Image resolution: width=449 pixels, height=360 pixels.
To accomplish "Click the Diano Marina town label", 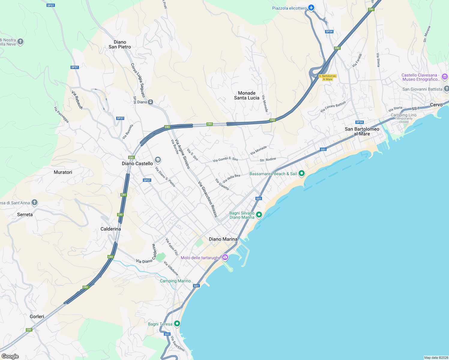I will pyautogui.click(x=223, y=239).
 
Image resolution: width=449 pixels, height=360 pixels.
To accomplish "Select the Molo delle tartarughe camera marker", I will pyautogui.click(x=225, y=257).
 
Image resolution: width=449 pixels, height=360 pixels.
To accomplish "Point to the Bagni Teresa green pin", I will pyautogui.click(x=177, y=323).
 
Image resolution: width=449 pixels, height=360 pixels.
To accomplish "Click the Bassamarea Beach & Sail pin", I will pyautogui.click(x=302, y=173).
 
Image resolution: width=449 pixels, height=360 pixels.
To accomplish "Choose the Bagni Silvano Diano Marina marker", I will pyautogui.click(x=259, y=215).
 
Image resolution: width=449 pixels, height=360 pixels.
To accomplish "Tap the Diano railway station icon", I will pyautogui.click(x=151, y=102).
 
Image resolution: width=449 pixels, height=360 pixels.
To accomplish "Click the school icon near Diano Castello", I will pyautogui.click(x=158, y=160).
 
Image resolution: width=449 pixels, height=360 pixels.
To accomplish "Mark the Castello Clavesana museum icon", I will pyautogui.click(x=445, y=77).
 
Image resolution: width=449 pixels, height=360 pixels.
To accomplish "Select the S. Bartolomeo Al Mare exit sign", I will pyautogui.click(x=327, y=78).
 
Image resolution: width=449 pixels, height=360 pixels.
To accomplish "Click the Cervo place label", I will pyautogui.click(x=436, y=105).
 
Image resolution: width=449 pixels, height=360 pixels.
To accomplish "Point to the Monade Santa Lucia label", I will pyautogui.click(x=247, y=95).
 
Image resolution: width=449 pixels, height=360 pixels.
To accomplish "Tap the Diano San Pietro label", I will pyautogui.click(x=120, y=44).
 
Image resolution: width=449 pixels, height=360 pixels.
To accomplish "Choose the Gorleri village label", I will pyautogui.click(x=37, y=316).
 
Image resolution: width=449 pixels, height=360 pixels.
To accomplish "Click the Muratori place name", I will pyautogui.click(x=63, y=172).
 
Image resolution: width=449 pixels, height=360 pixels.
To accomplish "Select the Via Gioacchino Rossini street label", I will pyautogui.click(x=207, y=199).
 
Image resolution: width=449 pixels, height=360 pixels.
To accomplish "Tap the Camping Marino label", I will pyautogui.click(x=175, y=281).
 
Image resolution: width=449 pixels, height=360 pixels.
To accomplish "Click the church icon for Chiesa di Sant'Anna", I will pyautogui.click(x=35, y=202).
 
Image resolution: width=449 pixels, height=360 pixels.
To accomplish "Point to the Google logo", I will pyautogui.click(x=10, y=356).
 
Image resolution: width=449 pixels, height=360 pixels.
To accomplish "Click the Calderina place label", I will pyautogui.click(x=111, y=229).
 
